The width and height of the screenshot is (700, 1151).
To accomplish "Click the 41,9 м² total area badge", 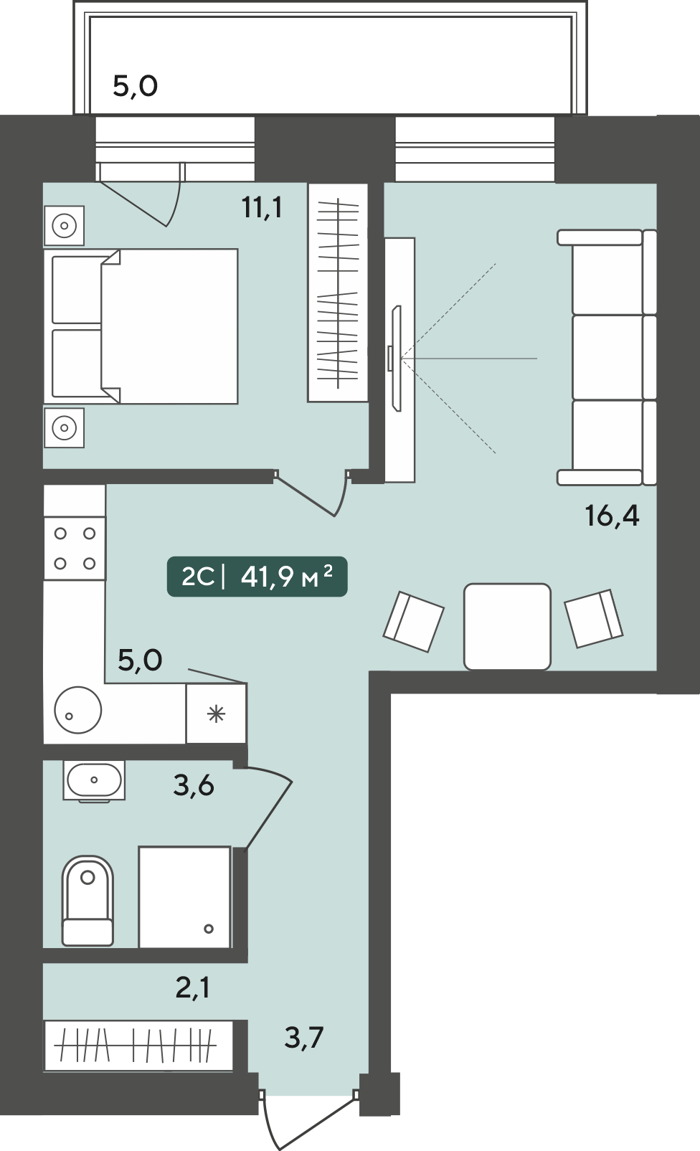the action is (257, 577).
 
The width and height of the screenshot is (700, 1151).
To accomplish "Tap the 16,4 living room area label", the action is (612, 516).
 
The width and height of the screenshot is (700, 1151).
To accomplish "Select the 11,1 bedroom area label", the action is (262, 207).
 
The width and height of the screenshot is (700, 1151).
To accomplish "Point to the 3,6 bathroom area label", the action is (193, 785).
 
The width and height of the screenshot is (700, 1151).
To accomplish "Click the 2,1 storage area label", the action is (193, 987).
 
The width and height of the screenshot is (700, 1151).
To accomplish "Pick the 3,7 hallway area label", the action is (304, 1037).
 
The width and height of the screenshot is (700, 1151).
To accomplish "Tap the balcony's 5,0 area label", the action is (135, 86).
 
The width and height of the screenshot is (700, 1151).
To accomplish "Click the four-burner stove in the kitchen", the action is (75, 549).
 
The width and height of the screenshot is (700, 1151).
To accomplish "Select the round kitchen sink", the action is (78, 710).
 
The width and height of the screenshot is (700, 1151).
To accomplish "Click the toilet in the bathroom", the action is (88, 900).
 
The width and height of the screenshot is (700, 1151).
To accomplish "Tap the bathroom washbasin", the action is (94, 780).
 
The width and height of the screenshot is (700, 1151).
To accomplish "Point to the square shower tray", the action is (184, 896).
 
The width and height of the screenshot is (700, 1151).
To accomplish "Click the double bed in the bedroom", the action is (141, 326).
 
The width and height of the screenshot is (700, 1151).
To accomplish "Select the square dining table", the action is (507, 626).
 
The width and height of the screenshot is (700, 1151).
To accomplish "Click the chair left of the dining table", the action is (414, 622).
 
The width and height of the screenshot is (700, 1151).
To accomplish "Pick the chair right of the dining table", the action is (594, 618).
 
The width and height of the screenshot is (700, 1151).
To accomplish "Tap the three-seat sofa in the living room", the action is (607, 357).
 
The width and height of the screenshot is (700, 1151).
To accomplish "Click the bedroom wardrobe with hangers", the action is (338, 293).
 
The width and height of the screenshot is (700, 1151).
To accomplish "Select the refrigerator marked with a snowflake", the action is (217, 714).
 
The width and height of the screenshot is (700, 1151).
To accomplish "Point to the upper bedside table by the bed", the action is (65, 226).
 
